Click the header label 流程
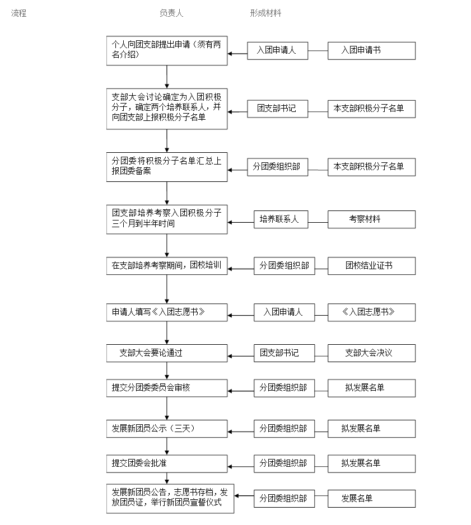[x=18, y=13]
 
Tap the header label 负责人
[x=171, y=13]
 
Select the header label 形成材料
[x=265, y=13]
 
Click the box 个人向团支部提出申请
[x=167, y=50]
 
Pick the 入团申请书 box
[x=371, y=51]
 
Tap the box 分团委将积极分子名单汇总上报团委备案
[x=167, y=167]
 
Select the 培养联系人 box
[x=281, y=219]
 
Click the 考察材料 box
[x=371, y=219]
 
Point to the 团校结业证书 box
[x=371, y=266]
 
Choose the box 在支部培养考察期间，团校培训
[x=167, y=266]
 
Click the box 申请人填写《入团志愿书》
[x=167, y=312]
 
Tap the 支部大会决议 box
[x=371, y=353]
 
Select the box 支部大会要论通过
[x=167, y=353]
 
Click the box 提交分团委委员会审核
[x=167, y=388]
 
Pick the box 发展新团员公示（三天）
[x=167, y=429]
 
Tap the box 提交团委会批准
[x=167, y=464]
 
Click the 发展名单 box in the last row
[x=371, y=499]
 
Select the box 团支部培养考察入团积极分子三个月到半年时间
[x=167, y=219]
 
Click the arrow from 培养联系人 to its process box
[x=241, y=222]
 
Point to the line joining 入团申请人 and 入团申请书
[x=318, y=51]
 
